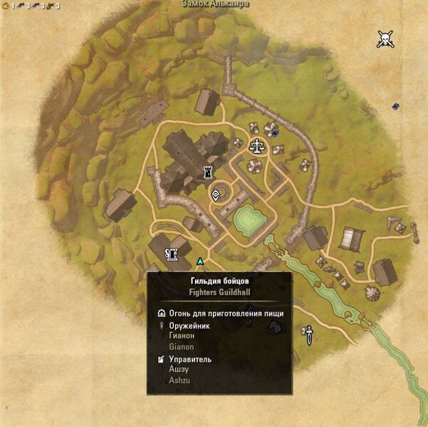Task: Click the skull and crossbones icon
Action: [386, 38]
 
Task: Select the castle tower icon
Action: [209, 172]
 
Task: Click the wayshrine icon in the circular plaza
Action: [216, 194]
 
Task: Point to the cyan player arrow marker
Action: [200, 262]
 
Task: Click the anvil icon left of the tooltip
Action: [171, 253]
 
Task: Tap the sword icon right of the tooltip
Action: [309, 334]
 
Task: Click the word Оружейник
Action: [190, 326]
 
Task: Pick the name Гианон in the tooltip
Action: [182, 336]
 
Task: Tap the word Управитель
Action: [190, 359]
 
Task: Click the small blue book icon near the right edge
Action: [395, 107]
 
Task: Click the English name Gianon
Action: [181, 346]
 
